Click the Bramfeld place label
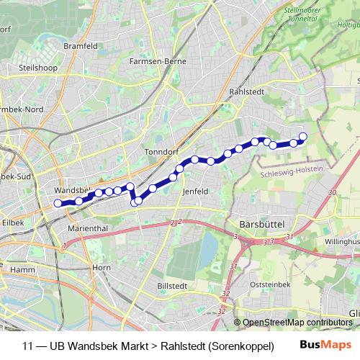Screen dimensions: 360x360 (x=81, y=45)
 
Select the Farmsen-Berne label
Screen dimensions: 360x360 (x=158, y=61)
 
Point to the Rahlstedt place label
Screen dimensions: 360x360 (x=247, y=91)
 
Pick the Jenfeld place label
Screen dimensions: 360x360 (x=196, y=192)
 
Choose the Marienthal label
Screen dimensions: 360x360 (x=86, y=228)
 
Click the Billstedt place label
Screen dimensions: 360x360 (x=171, y=286)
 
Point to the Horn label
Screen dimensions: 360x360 (x=102, y=267)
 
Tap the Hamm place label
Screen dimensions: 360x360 (x=24, y=269)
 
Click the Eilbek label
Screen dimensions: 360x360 (x=12, y=223)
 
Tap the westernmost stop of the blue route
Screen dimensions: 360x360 (x=58, y=203)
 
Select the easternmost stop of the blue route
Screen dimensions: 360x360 (x=303, y=136)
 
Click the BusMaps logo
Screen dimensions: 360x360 (x=325, y=345)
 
